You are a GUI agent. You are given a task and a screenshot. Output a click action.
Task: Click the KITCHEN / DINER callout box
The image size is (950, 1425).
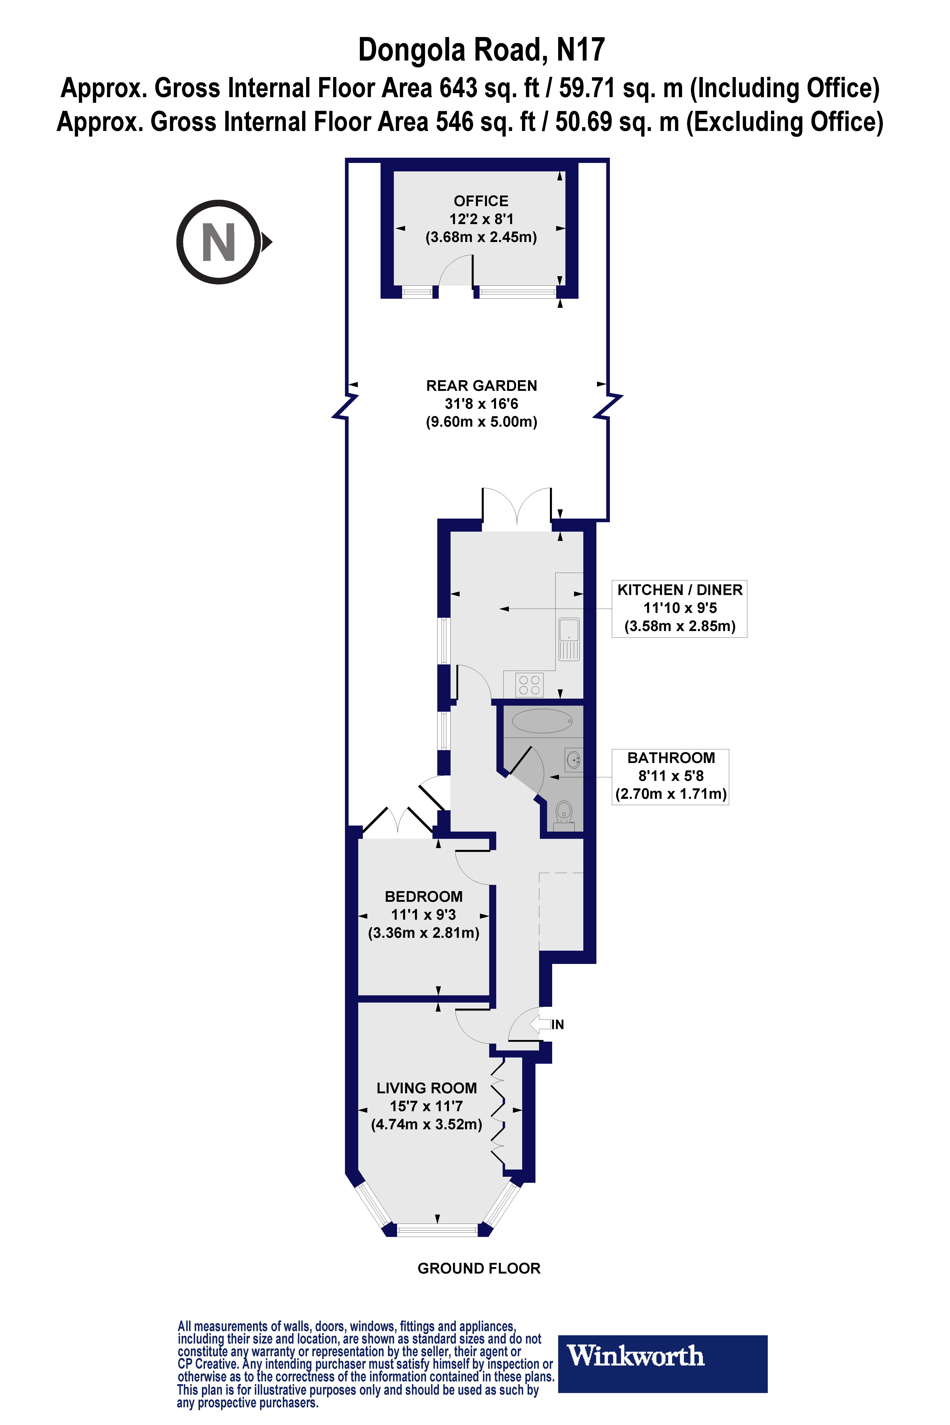coord(679,608)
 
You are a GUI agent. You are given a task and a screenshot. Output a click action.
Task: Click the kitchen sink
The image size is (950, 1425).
coord(569,639)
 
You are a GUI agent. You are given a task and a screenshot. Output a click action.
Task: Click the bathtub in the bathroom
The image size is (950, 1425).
coord(542,721)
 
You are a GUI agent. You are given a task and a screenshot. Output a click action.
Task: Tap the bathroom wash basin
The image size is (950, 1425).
coord(574,759)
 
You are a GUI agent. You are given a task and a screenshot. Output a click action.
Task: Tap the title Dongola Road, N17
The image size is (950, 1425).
coord(481,50)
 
